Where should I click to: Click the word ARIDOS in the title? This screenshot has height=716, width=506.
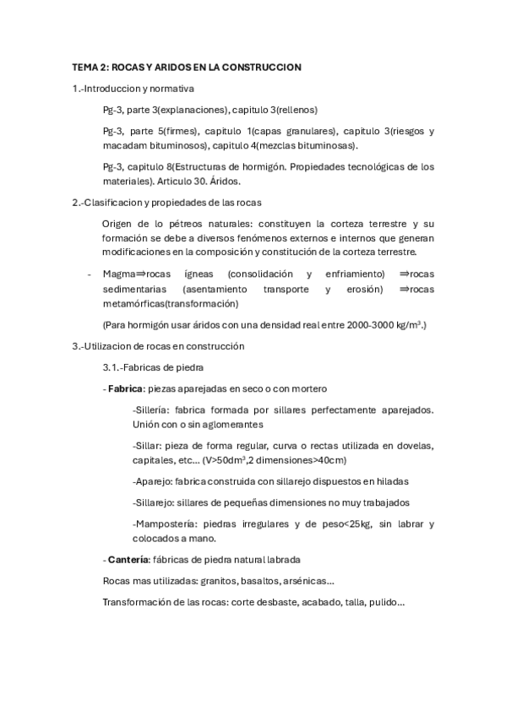tap(181, 66)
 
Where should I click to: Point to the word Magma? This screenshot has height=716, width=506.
tap(119, 274)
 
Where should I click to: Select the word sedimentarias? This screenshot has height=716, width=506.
tap(135, 289)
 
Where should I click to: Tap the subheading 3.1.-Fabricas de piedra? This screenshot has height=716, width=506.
tap(152, 366)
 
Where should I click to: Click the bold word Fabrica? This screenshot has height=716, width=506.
tap(123, 388)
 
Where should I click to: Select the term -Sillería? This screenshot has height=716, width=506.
tap(153, 410)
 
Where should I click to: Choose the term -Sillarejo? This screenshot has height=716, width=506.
tap(156, 502)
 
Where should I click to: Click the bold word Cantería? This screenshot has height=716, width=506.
tap(128, 560)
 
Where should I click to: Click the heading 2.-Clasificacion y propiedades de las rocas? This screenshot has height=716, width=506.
tap(167, 202)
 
